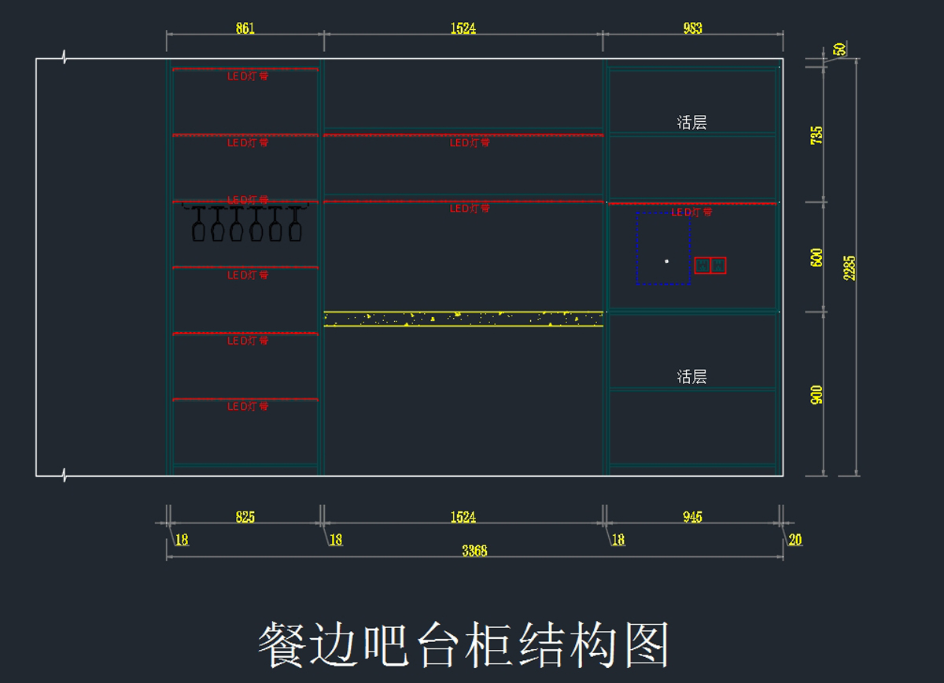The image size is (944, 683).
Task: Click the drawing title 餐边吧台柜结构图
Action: (x=464, y=644)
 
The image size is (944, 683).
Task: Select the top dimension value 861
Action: (x=245, y=28)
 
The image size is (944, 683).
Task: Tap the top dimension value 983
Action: (x=692, y=28)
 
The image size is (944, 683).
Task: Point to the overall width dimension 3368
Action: (x=474, y=551)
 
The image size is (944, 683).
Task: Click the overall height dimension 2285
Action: (x=850, y=268)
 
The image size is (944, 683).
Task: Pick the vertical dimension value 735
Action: (x=817, y=135)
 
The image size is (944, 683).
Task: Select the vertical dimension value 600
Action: (x=817, y=257)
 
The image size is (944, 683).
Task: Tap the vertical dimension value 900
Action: (x=817, y=395)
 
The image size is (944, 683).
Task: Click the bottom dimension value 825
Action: (x=245, y=517)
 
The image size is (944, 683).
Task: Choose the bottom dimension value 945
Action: (x=692, y=517)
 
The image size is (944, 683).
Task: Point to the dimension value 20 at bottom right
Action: (x=795, y=540)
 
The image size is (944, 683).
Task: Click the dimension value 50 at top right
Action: (x=840, y=49)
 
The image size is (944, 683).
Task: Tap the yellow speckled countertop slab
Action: (x=463, y=319)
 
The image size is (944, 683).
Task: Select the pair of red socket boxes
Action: (x=710, y=265)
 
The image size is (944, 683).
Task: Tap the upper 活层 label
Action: (x=691, y=122)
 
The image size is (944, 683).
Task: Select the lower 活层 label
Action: (x=691, y=376)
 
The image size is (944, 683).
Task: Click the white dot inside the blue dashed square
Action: (x=666, y=260)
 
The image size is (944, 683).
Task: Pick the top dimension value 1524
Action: (x=463, y=28)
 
